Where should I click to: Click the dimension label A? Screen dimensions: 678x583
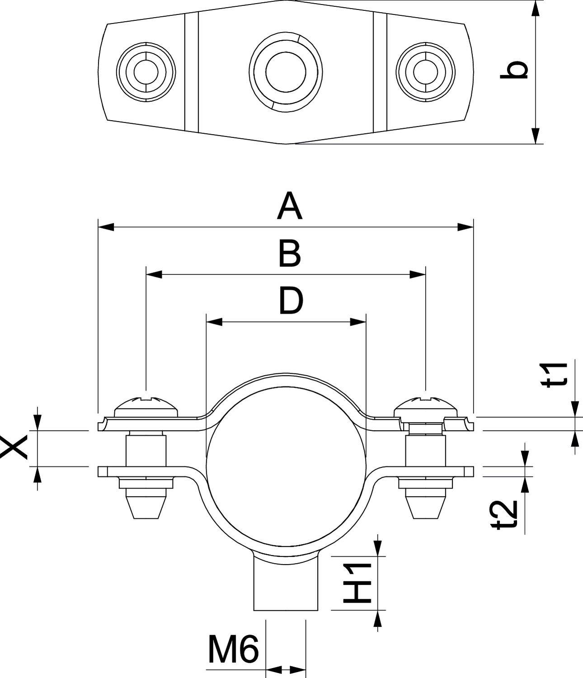(x=290, y=206)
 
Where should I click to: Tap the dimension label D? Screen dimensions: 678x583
(x=290, y=301)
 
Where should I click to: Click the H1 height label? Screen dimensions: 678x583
(x=357, y=583)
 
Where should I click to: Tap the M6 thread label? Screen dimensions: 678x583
(x=233, y=650)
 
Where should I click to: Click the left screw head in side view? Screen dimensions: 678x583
(x=146, y=406)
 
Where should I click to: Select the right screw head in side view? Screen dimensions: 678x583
(x=425, y=406)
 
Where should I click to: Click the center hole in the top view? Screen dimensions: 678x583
(x=286, y=72)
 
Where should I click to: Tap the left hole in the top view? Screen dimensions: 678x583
(x=146, y=72)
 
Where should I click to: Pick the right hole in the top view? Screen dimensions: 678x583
(x=425, y=72)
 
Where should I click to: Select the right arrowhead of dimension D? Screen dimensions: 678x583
(x=358, y=322)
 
